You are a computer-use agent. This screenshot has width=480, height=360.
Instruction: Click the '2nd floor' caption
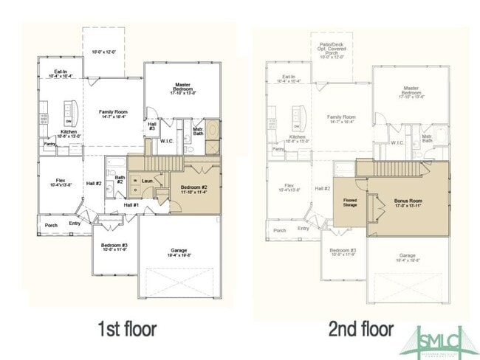tap(361, 328)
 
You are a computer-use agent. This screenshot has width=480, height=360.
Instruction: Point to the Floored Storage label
tap(350, 200)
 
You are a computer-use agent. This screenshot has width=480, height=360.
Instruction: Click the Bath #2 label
tap(119, 179)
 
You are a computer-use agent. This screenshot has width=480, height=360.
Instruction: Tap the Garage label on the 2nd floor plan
tap(410, 258)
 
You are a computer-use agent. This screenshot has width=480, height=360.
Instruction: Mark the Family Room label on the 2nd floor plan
tap(341, 118)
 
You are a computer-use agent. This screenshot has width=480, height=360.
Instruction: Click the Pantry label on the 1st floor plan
tap(49, 145)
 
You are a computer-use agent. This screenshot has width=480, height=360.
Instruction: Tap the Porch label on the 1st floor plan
tap(52, 225)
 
